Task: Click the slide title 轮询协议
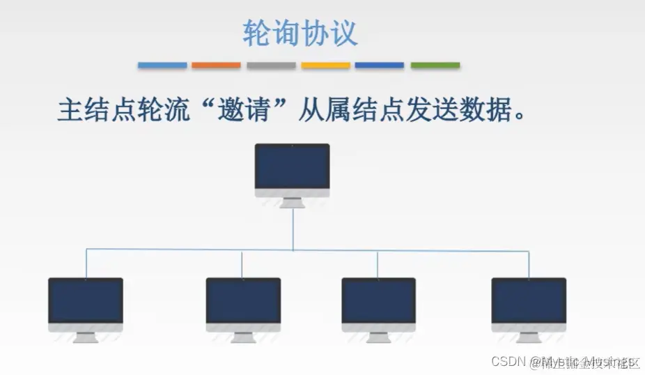pyautogui.click(x=300, y=33)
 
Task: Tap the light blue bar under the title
pyautogui.click(x=162, y=66)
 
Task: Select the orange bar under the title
pyautogui.click(x=216, y=66)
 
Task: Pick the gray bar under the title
pyautogui.click(x=271, y=66)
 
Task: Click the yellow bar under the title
pyautogui.click(x=325, y=66)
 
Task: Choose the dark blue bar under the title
pyautogui.click(x=380, y=66)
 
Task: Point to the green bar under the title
pyautogui.click(x=435, y=66)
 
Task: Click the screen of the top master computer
pyautogui.click(x=292, y=167)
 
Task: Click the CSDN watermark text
pyautogui.click(x=508, y=362)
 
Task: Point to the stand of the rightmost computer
pyautogui.click(x=529, y=337)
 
